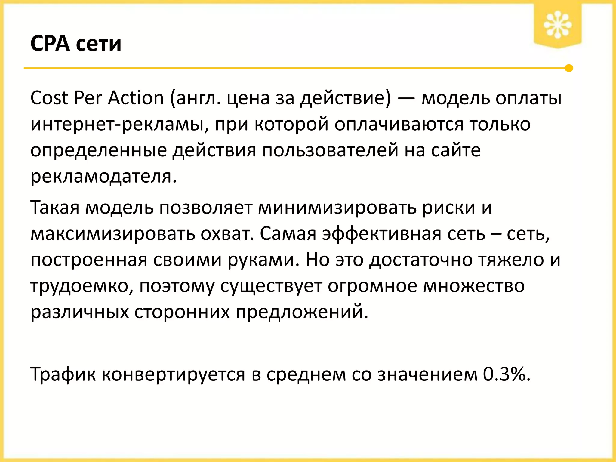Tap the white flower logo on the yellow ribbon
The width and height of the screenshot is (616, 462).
(x=557, y=25)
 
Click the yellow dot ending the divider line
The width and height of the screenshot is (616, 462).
(x=568, y=68)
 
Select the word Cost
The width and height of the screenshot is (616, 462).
(x=49, y=98)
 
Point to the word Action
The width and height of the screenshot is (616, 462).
(x=136, y=98)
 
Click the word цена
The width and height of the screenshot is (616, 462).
(x=248, y=99)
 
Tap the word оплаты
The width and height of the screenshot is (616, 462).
(x=528, y=99)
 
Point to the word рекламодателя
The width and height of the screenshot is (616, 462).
(x=103, y=177)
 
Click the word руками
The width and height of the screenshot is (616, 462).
(x=263, y=260)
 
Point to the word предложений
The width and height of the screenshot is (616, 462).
(x=302, y=312)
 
